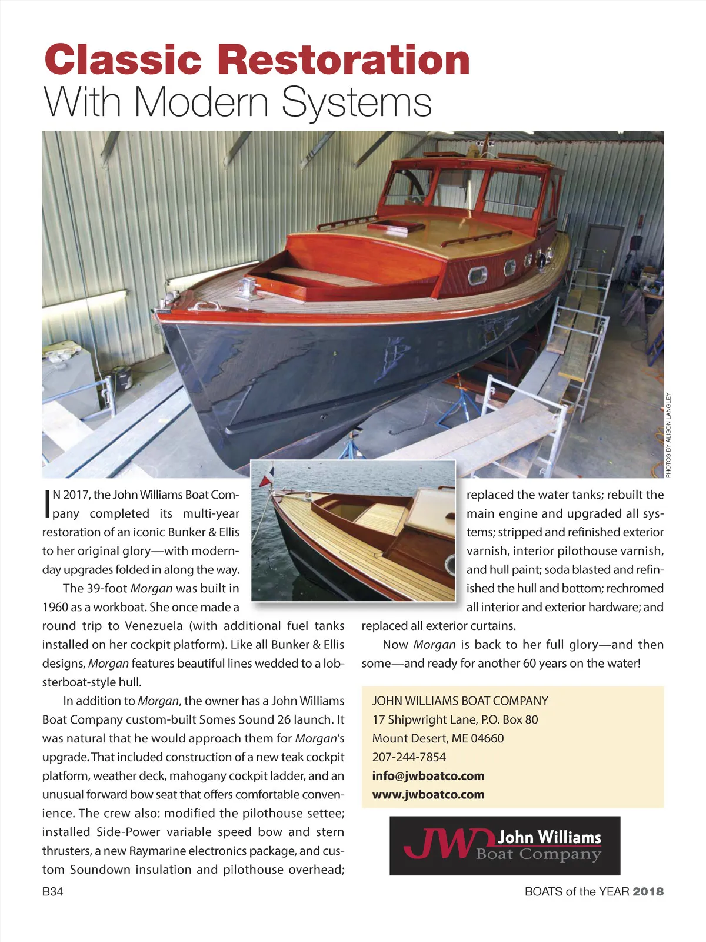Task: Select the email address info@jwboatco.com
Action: (x=428, y=776)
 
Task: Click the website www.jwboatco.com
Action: (x=428, y=795)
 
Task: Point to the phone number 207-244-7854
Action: (x=409, y=757)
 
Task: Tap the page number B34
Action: (x=52, y=892)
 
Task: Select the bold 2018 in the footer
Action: (x=648, y=892)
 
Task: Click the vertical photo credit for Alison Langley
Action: (x=668, y=434)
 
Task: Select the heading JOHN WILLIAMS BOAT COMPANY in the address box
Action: (x=460, y=701)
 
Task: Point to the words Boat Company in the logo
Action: (x=538, y=854)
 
